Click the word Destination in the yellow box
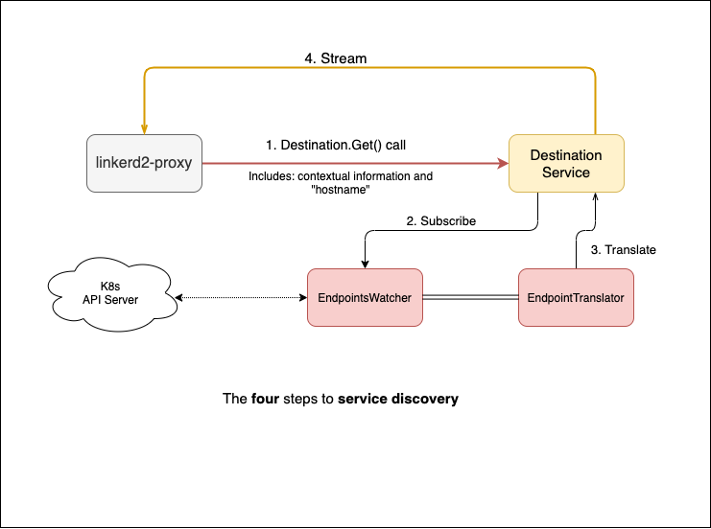tap(566, 155)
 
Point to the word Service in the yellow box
tap(566, 172)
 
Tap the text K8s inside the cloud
tap(110, 287)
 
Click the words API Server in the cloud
tap(110, 301)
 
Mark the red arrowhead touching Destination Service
tap(502, 164)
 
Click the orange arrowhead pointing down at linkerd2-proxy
tap(144, 128)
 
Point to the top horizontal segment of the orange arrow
tap(369, 68)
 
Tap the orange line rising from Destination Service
tap(596, 105)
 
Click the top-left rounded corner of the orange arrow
tap(147, 71)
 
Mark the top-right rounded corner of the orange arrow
tap(593, 71)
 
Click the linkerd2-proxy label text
tap(144, 163)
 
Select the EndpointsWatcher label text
tap(365, 298)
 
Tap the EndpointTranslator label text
tap(576, 298)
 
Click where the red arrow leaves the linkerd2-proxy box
tap(204, 164)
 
